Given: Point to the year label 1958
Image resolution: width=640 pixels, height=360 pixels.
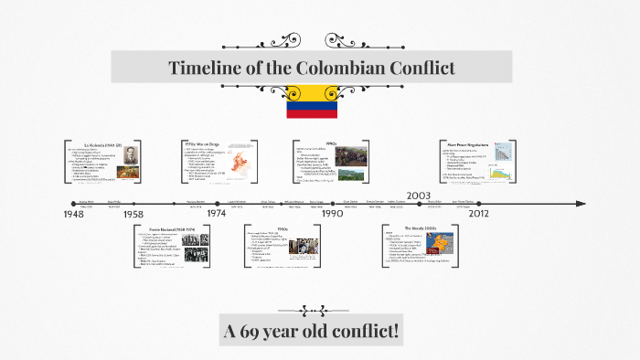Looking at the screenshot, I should [x=135, y=214].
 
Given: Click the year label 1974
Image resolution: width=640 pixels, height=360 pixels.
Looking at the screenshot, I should [x=217, y=214].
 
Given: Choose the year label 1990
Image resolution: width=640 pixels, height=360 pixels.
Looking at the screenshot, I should [x=331, y=214].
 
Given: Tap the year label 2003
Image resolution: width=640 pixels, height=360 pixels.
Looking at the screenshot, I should [x=419, y=196].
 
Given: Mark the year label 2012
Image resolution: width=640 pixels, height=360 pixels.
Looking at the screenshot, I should [x=479, y=214].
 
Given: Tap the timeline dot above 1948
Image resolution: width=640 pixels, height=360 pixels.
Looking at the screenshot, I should [x=72, y=203].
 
